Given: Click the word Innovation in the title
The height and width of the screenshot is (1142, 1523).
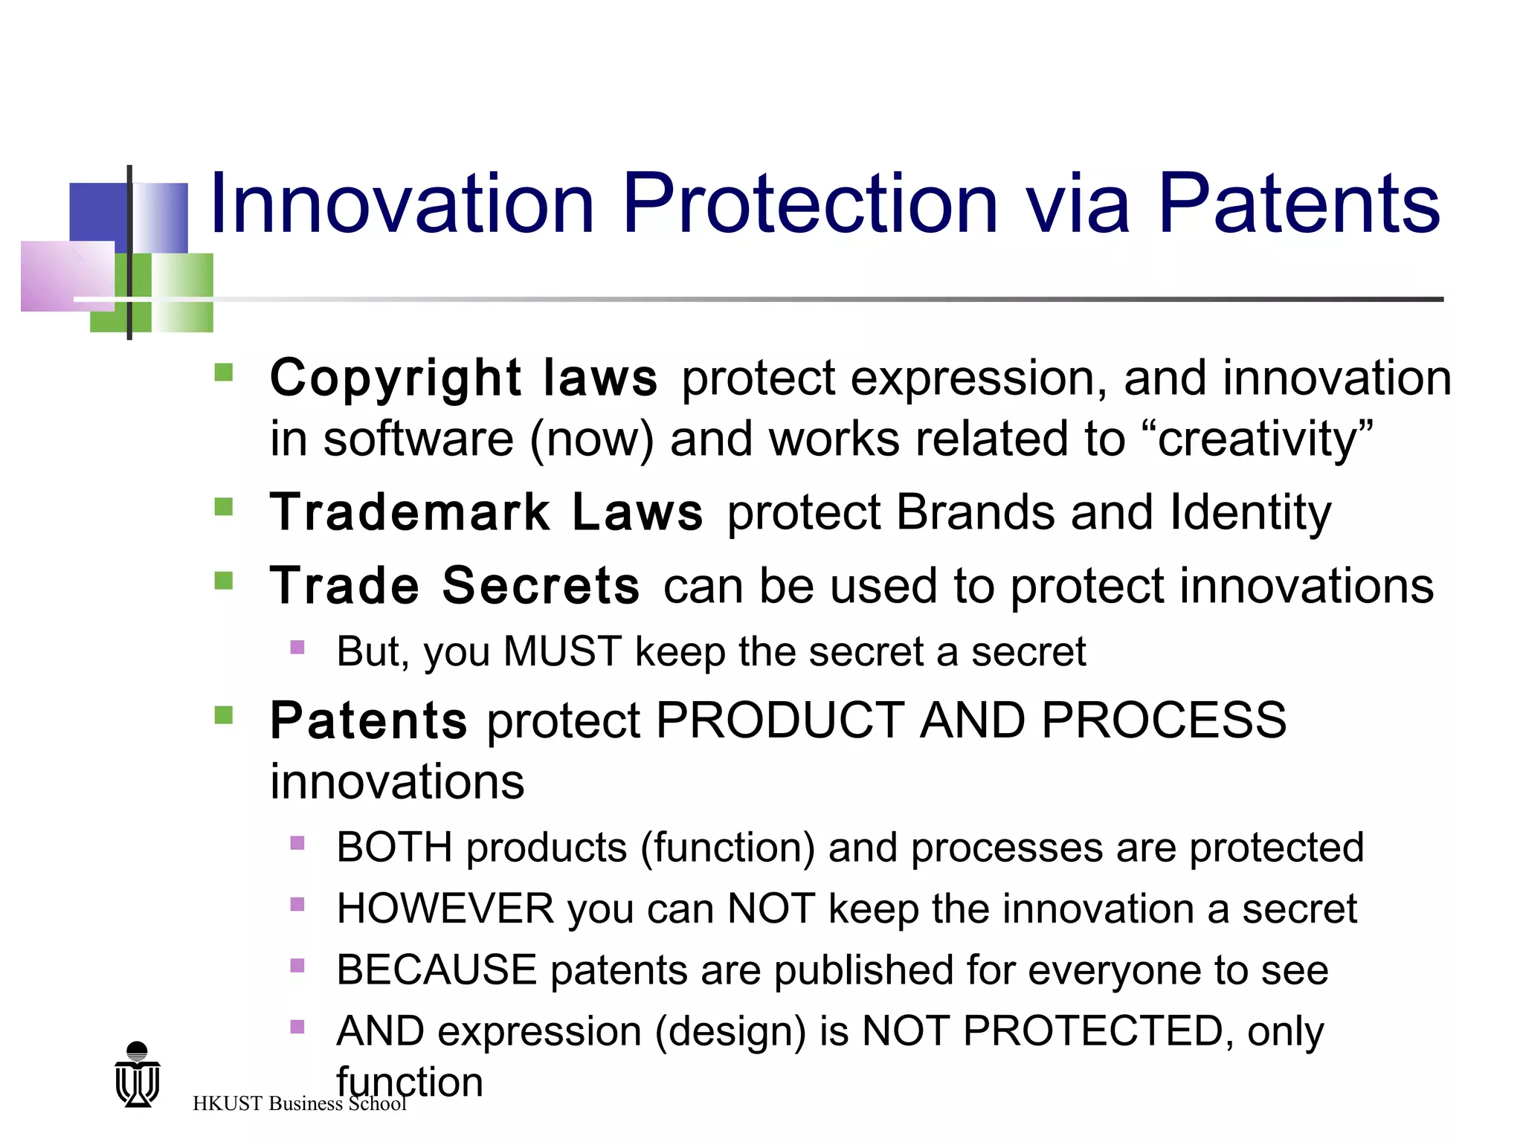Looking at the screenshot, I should point(402,203).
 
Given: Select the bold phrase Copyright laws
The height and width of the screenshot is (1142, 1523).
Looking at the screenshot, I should point(463,378).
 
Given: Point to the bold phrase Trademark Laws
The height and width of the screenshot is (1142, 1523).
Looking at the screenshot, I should point(486,512).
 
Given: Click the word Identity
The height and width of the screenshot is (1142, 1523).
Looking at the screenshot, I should point(1250,512).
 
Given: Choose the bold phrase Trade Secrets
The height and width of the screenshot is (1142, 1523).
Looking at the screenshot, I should point(454,586).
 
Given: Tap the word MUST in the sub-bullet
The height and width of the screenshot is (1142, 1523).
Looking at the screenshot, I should point(562,651).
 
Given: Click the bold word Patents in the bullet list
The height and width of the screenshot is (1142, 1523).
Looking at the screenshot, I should point(369,720).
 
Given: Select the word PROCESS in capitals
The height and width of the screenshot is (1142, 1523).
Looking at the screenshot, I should point(1164,720).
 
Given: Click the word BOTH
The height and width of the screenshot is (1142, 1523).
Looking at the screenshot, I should point(394,848).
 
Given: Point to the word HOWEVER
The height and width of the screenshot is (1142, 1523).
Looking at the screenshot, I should point(445,909).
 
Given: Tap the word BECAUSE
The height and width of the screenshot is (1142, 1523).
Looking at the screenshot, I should point(437,970).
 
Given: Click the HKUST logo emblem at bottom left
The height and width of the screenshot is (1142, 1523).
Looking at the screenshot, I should point(138,1075).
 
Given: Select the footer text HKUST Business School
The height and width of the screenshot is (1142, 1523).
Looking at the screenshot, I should point(299,1103).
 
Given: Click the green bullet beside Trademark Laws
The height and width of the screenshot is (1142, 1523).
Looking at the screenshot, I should point(223,507).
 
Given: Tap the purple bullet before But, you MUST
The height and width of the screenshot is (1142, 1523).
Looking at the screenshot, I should point(297,647).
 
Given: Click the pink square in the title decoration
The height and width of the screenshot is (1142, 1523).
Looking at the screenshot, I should point(67,276).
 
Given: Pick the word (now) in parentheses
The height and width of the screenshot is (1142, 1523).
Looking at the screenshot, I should point(592,439).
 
